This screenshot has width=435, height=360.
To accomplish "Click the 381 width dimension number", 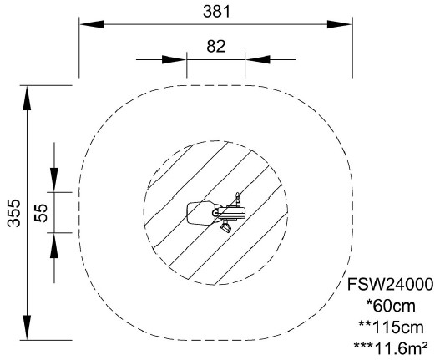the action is tap(216, 12).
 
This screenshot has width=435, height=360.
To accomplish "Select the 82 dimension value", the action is tap(216, 47).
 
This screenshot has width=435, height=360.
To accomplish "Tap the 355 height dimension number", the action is tap(13, 213).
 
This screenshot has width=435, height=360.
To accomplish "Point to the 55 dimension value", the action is tap(41, 213).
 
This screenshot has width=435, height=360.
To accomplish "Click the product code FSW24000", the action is tap(390, 285).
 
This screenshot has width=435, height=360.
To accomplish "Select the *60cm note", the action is tap(391, 306).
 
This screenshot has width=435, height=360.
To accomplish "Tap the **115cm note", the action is tap(391, 327).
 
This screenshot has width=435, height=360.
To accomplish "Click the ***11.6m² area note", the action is tap(391, 348).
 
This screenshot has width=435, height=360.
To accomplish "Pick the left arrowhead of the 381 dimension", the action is tap(92, 24).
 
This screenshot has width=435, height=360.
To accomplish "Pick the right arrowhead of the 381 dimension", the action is tap(340, 24).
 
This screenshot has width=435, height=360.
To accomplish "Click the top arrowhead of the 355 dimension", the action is tap(27, 99).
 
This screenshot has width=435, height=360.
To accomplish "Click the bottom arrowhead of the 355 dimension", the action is tap(27, 327).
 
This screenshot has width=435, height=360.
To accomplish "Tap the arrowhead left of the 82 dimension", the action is tap(174, 59).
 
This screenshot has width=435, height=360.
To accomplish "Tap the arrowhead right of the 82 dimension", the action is tap(258, 59).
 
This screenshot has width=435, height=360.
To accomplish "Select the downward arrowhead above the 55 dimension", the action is tap(54, 180).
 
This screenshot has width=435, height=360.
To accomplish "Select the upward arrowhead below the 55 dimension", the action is tap(54, 245).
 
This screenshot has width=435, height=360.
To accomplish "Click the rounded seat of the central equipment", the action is tap(200, 213).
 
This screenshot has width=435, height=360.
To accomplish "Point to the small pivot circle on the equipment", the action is tap(215, 213).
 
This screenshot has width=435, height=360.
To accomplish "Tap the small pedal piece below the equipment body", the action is tap(225, 227).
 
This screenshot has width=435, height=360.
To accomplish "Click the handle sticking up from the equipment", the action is tap(237, 199).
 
